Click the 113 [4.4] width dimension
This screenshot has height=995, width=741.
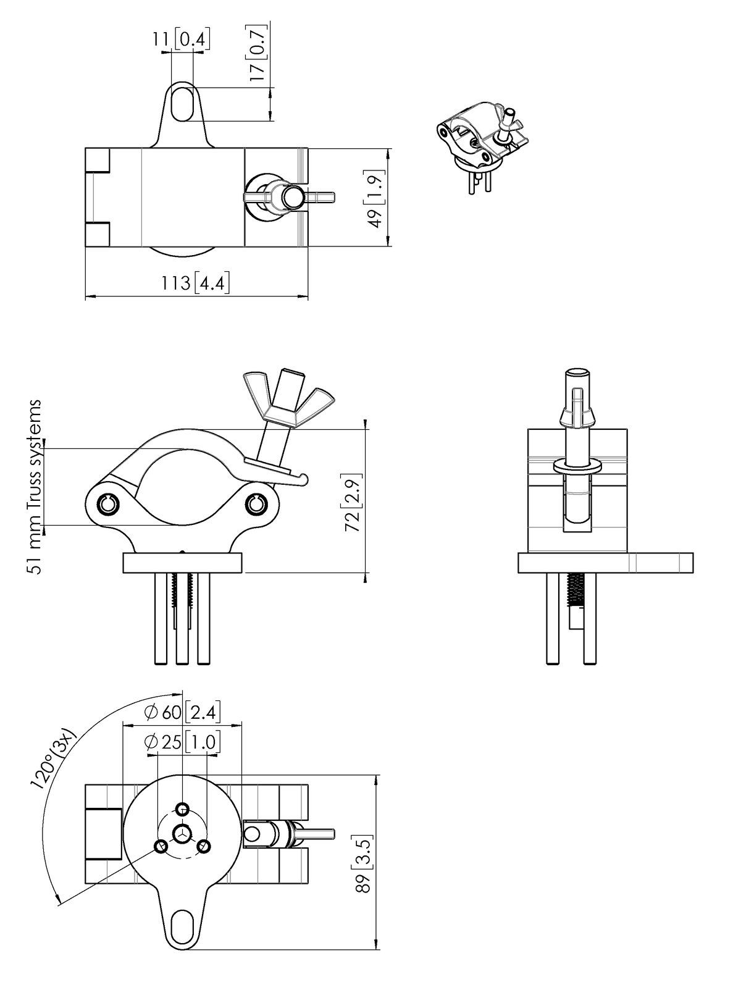[196, 283]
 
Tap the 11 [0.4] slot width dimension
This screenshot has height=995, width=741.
[180, 39]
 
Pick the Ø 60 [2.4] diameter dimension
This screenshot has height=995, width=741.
[183, 713]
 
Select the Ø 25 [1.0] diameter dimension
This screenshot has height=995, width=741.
[183, 742]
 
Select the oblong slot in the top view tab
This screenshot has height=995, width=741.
[182, 104]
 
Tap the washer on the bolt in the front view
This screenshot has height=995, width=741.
[578, 466]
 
